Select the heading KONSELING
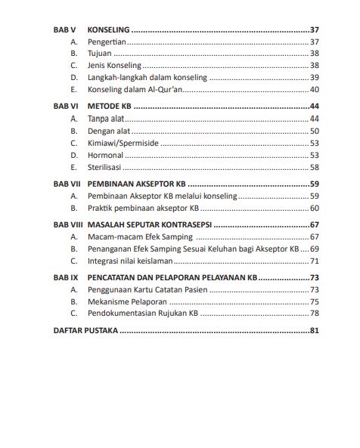click(x=108, y=29)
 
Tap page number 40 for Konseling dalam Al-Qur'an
click(x=314, y=89)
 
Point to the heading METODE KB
click(x=109, y=107)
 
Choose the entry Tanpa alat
click(x=106, y=119)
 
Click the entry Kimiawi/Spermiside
click(x=123, y=143)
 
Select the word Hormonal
click(x=105, y=155)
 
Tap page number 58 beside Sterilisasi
click(x=314, y=167)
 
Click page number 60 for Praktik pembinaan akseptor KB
click(x=314, y=208)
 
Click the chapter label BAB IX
click(x=66, y=277)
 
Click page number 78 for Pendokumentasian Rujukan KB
click(x=314, y=314)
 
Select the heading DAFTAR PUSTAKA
click(x=85, y=331)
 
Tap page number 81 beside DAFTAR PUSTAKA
click(x=314, y=331)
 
